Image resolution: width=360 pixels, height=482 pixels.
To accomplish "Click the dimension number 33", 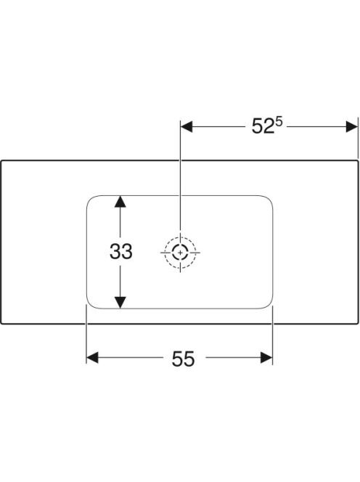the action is click(x=121, y=251).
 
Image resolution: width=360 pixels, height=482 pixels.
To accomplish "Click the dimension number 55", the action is click(x=183, y=359).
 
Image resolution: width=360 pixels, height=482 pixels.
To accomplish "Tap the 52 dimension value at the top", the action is click(x=263, y=126).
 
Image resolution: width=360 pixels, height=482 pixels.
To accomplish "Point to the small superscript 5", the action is click(x=279, y=122).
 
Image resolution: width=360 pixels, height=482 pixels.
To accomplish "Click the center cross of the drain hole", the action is click(x=180, y=253).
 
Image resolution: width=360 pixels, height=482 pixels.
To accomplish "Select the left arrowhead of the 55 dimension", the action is click(x=92, y=357).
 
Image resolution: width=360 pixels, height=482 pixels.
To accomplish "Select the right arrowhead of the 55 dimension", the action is click(x=266, y=357).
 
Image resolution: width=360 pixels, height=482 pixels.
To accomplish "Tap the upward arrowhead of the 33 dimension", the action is click(x=120, y=201).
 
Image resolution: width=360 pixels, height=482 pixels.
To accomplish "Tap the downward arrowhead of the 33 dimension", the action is click(x=120, y=303).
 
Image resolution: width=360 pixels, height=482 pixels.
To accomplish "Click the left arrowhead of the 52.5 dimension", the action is click(x=187, y=126).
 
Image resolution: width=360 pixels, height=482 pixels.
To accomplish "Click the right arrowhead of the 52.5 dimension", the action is click(x=352, y=126).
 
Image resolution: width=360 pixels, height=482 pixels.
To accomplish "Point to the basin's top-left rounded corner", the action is click(x=90, y=199).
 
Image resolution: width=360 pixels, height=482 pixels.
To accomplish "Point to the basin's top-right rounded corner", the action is click(x=269, y=199).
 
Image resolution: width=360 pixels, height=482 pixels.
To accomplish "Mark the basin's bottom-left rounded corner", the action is click(x=90, y=306).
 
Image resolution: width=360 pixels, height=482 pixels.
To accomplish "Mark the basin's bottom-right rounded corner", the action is click(x=269, y=306).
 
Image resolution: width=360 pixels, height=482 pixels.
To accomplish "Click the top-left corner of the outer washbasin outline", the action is click(x=1, y=160).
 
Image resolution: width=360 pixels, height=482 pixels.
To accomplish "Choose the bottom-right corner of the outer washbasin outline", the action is click(x=358, y=323).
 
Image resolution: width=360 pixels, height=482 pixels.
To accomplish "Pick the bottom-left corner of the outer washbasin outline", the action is click(x=1, y=323).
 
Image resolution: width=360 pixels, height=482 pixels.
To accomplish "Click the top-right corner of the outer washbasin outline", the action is click(x=358, y=160).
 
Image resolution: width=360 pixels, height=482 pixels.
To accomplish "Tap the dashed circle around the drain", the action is click(x=180, y=237).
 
